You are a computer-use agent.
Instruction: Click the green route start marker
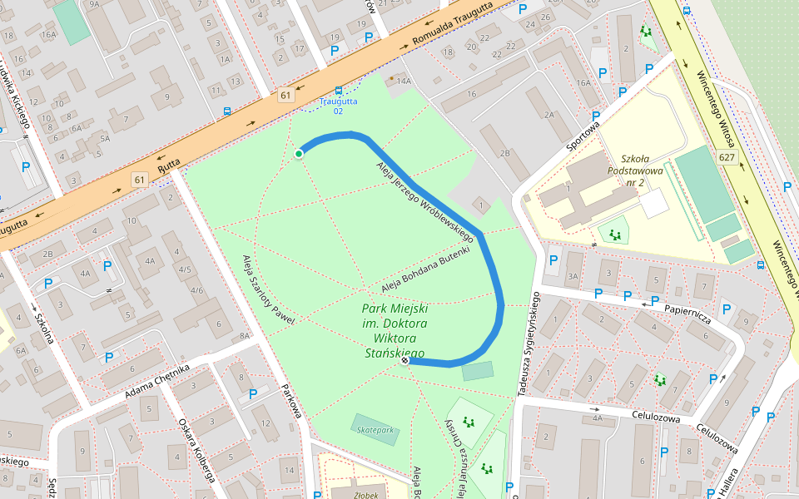coord(299,153)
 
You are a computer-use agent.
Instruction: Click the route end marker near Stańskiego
coord(404,361)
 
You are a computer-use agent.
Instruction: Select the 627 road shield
coord(727,157)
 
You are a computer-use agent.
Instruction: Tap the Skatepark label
coord(375,430)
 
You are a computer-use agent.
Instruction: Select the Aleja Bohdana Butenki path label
coord(425,269)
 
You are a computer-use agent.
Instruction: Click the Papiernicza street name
coord(687,313)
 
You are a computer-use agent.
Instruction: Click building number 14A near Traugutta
coord(404,81)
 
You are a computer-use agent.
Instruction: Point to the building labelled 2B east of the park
coord(504,153)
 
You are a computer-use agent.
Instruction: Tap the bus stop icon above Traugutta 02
coord(338,91)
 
